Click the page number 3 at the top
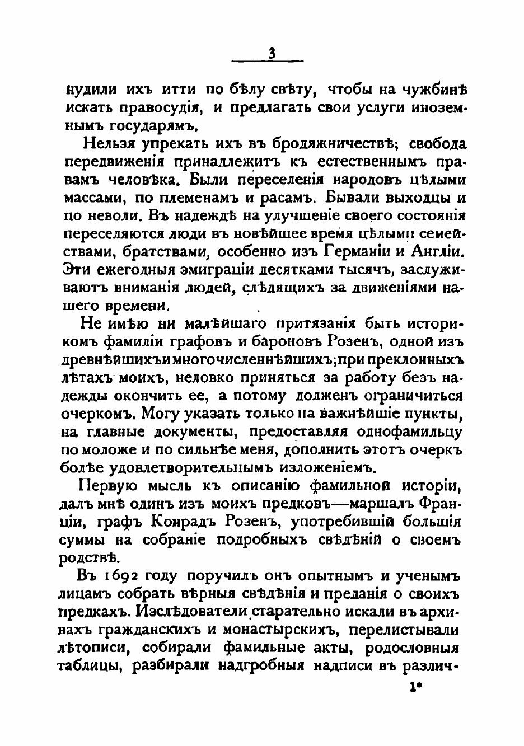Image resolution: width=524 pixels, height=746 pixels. pyautogui.click(x=272, y=54)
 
